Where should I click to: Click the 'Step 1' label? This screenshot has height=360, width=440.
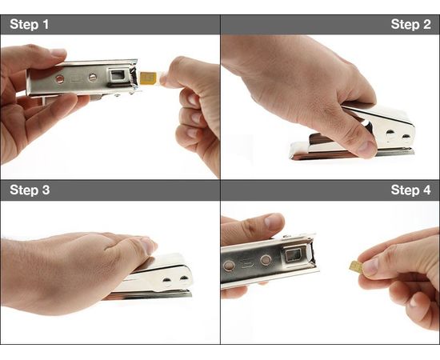(x=30, y=24)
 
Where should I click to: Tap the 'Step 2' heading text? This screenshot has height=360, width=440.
(x=410, y=24)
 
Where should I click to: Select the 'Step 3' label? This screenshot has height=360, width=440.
(x=30, y=190)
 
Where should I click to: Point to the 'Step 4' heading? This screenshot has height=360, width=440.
(x=410, y=190)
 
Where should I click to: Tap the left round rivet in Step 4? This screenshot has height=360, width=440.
(x=229, y=264)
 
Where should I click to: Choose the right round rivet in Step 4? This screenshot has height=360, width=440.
(x=265, y=260)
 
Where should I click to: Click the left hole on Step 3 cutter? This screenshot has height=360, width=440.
(x=167, y=279)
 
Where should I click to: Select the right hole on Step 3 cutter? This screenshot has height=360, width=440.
(x=183, y=278)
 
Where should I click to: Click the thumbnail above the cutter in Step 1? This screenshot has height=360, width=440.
(x=58, y=54)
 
